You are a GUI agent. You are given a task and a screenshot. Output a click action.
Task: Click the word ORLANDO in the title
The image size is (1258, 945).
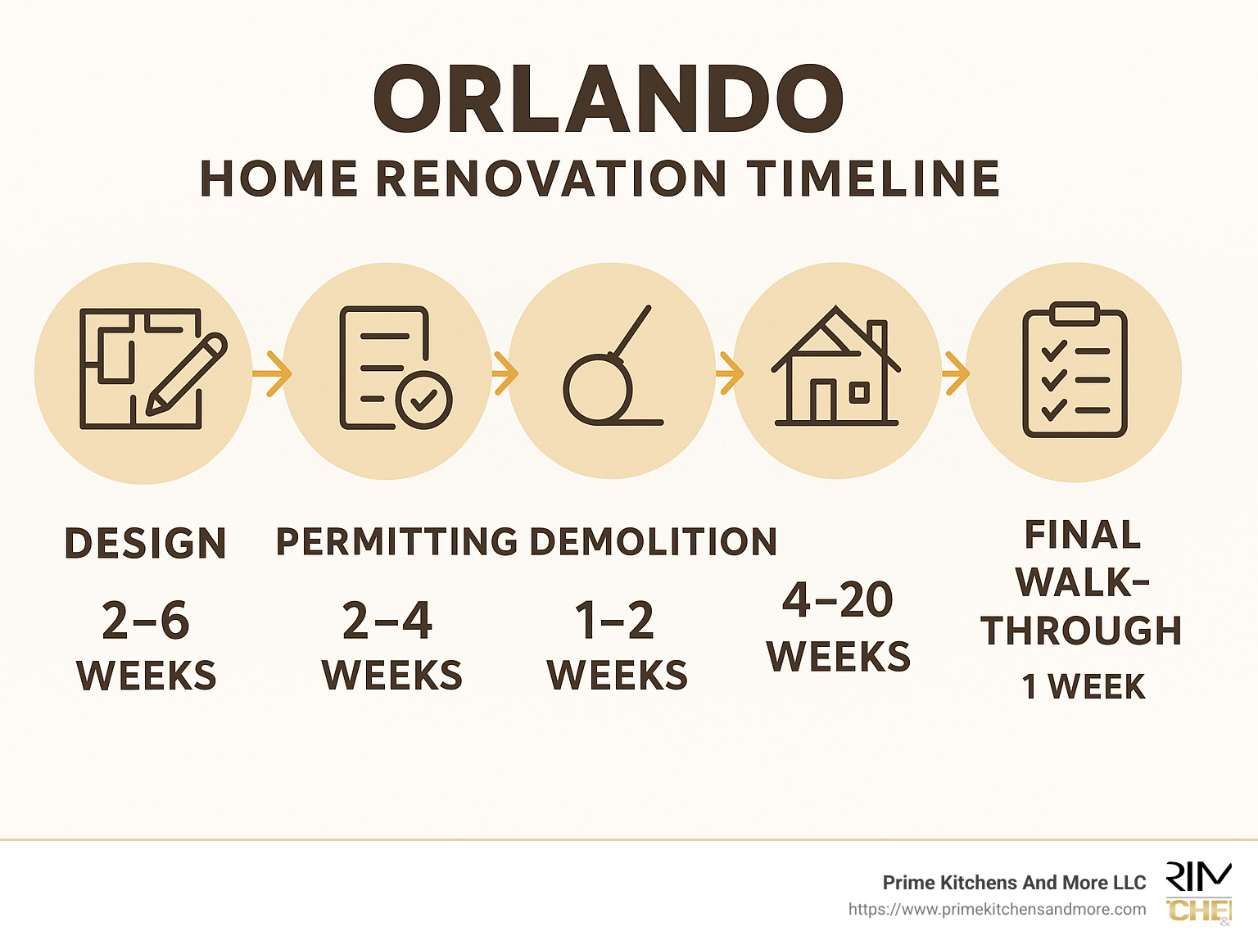coord(608,100)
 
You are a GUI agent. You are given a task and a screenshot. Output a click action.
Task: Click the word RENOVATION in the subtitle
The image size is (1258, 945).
coord(550,179)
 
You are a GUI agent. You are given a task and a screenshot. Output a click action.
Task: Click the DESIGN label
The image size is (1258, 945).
coord(145,544)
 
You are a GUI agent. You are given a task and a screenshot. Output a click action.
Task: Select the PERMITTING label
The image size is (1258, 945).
coord(396,542)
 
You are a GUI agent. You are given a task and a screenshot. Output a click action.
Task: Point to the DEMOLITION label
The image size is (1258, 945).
coord(653,542)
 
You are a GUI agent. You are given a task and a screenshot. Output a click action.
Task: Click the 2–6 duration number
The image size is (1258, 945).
coord(146,621)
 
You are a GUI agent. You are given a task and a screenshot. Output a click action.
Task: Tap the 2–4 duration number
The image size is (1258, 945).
coord(387,621)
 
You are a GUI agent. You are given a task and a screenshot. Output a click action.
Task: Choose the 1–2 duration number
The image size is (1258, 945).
coord(614,621)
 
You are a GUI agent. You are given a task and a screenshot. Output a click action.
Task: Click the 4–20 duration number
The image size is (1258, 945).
coord(837,600)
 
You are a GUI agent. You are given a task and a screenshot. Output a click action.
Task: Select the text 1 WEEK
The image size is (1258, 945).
coord(1083,687)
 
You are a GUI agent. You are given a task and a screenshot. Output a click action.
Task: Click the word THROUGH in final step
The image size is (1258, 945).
coord(1081,631)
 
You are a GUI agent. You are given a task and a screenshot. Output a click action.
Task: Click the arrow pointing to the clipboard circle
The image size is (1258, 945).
coord(954,373)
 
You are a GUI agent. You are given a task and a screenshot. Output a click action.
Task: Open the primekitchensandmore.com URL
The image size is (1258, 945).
coord(997,909)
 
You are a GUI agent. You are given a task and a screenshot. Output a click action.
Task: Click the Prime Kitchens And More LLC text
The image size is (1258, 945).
coord(1014,883)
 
